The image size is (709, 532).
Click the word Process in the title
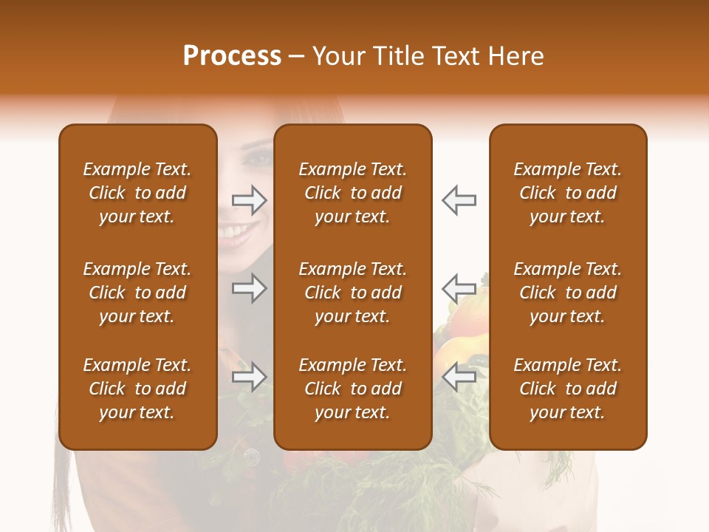point(232,56)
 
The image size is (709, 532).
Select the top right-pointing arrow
point(249,199)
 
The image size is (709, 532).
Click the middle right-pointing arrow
point(249,288)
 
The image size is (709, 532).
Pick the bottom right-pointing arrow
point(249,378)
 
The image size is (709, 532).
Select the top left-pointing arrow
point(459,199)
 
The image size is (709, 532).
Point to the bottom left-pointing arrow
point(459,377)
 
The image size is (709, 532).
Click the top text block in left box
point(137,193)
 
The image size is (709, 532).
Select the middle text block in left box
point(137,293)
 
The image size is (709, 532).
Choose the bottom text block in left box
point(137,389)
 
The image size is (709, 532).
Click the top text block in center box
point(352,193)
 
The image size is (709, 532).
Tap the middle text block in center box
point(352,293)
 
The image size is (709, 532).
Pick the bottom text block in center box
point(352,389)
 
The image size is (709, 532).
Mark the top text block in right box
point(567,193)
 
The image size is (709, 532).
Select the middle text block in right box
point(567,293)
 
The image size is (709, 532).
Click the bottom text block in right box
point(567,389)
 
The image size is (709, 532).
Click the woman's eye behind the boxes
point(258,157)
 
